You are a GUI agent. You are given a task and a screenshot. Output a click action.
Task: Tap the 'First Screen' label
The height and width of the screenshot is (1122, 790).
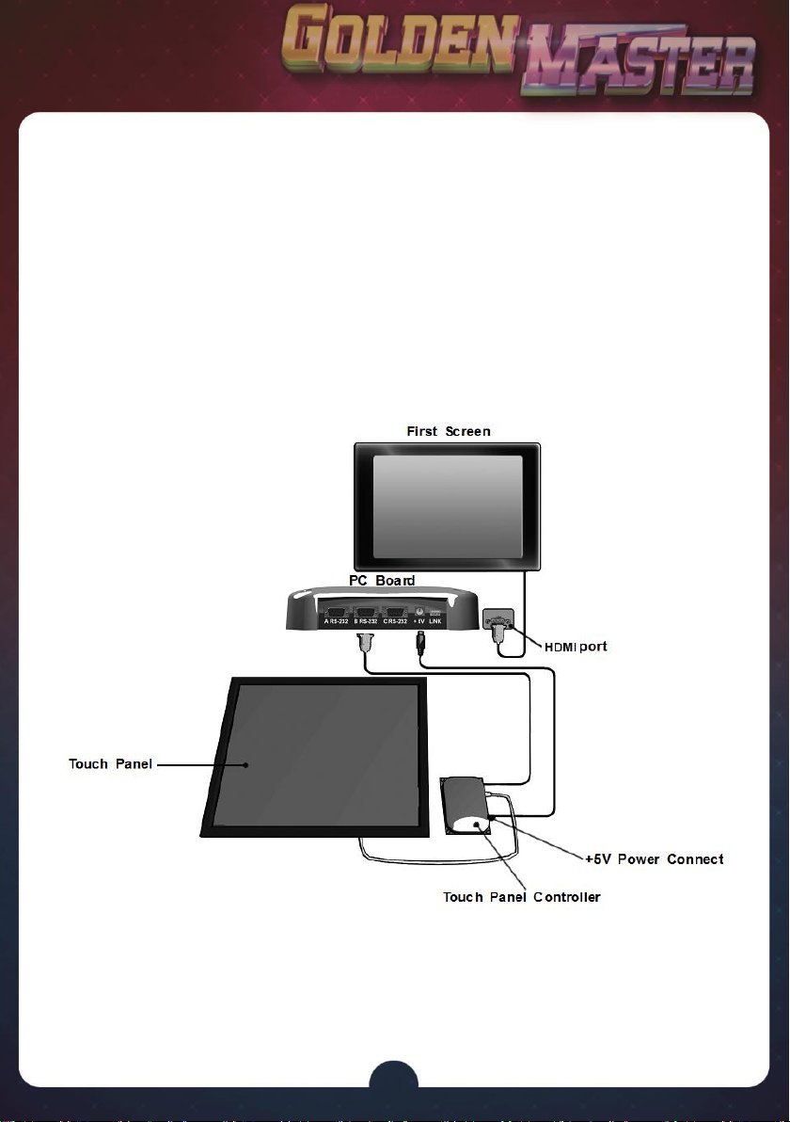click(x=448, y=431)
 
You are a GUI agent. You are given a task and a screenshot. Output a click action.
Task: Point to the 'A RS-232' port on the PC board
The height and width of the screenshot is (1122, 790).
click(x=335, y=613)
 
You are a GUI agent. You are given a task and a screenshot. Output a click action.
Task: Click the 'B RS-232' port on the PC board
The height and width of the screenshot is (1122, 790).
click(x=367, y=613)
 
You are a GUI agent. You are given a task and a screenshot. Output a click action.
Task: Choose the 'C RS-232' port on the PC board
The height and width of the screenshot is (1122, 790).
click(x=395, y=613)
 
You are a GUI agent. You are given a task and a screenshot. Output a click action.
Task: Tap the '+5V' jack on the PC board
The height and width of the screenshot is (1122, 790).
click(x=419, y=613)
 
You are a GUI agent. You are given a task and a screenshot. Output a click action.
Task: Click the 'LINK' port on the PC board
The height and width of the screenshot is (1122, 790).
click(x=435, y=614)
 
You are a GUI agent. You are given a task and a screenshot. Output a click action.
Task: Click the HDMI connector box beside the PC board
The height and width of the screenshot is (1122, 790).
click(x=497, y=622)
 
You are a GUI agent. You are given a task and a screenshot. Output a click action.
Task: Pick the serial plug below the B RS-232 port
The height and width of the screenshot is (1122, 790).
click(x=366, y=645)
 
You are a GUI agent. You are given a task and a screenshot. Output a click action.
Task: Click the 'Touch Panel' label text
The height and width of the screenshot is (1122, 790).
click(x=110, y=763)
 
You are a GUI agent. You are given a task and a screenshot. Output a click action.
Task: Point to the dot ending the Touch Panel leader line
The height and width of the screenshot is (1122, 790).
click(x=246, y=764)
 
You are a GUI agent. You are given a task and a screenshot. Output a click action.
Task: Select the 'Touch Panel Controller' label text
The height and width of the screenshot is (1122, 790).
click(x=522, y=897)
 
